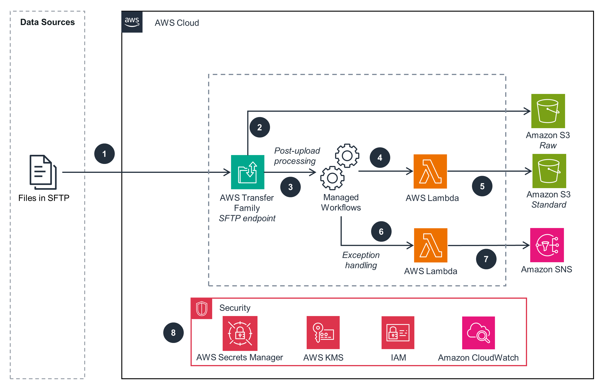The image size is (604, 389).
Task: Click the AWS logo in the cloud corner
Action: [132, 22]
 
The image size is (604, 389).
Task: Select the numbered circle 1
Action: [104, 154]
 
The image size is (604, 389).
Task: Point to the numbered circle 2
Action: [260, 127]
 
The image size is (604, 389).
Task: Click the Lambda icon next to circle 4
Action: [430, 171]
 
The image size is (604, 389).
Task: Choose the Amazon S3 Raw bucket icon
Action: [548, 111]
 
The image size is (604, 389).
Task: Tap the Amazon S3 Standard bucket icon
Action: [549, 171]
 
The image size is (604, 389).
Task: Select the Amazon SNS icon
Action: [547, 245]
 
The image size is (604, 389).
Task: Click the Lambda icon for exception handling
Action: [431, 245]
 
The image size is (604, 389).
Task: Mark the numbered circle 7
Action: [486, 259]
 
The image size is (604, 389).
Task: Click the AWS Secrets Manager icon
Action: [240, 333]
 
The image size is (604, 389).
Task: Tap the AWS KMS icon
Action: [323, 333]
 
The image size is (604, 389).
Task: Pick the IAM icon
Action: [398, 333]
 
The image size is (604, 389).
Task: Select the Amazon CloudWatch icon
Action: [478, 333]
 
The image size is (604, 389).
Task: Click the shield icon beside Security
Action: [201, 309]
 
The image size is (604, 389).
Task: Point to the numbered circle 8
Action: [173, 333]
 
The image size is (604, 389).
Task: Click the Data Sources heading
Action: [47, 22]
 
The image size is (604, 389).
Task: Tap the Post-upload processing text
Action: [297, 156]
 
